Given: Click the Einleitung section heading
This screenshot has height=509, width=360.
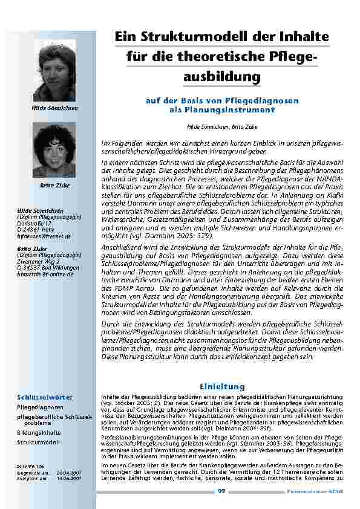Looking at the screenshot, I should click(x=221, y=386).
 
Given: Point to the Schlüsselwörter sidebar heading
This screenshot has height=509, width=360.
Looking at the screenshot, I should click(x=45, y=397).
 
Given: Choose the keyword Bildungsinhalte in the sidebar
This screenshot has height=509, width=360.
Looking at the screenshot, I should click(x=39, y=433).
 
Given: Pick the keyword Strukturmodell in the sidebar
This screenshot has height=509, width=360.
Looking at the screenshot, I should click(x=38, y=442).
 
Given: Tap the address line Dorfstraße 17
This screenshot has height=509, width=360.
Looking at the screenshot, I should click(x=34, y=223).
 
